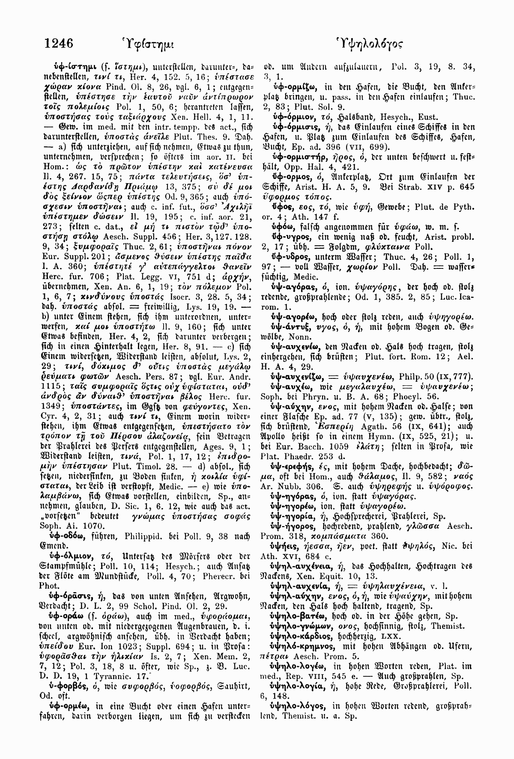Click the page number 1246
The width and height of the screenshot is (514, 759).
click(59, 43)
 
